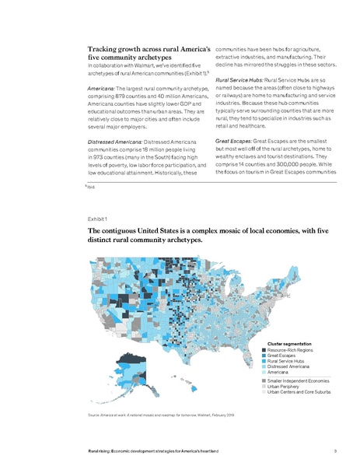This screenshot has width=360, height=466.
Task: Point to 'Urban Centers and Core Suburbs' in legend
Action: coord(300,391)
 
